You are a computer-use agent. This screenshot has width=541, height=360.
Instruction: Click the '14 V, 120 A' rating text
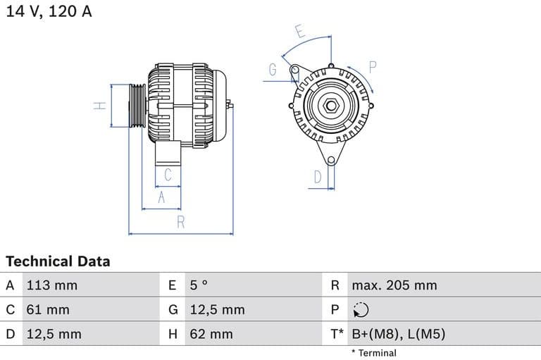pos(49,11)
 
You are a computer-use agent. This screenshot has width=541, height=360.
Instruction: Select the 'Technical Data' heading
pos(58,261)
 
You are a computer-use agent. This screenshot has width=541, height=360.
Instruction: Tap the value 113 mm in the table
pos(51,285)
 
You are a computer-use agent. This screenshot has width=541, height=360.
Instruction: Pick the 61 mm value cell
pos(48,309)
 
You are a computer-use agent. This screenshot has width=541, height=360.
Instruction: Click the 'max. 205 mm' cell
pos(394,285)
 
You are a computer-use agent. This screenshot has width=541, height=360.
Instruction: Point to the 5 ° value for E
pos(199,285)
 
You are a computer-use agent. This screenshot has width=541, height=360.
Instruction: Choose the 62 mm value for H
pos(211,334)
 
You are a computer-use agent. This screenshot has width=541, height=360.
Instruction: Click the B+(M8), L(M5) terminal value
pos(398,334)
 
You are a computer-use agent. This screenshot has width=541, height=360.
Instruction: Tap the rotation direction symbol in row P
pos(360,310)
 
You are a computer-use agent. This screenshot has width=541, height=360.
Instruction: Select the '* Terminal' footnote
pos(373,353)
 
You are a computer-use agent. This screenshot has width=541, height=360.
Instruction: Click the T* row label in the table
pos(337,334)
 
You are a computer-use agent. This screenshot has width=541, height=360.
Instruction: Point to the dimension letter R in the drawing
pos(180,223)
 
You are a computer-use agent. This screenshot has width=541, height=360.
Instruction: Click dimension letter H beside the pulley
pos(100,106)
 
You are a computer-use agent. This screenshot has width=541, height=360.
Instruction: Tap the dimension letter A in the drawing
pos(161,198)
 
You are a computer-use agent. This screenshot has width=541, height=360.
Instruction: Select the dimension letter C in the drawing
pos(168,174)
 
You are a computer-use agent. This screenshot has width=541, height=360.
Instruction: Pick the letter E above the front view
pos(299,32)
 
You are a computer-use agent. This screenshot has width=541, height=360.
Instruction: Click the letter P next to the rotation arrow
pos(373,67)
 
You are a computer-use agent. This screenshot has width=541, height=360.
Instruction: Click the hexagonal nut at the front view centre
pos(330,106)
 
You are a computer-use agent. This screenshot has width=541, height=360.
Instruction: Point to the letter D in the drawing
pos(318,177)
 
